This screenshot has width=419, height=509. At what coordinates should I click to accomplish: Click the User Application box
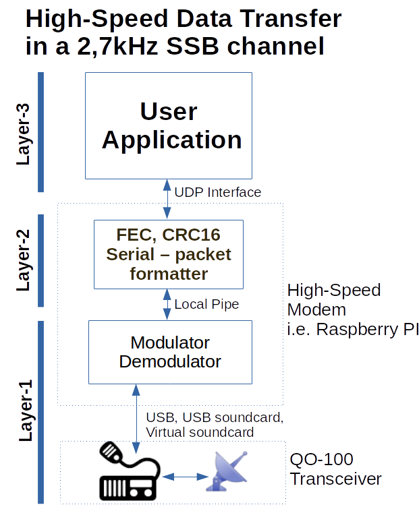(x=168, y=125)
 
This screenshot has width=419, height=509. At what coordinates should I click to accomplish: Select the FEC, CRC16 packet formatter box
(x=168, y=253)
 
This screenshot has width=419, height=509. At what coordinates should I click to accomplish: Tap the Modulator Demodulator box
(x=170, y=351)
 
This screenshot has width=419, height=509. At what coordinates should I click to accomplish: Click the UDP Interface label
(x=217, y=192)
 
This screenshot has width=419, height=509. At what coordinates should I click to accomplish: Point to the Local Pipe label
(x=206, y=304)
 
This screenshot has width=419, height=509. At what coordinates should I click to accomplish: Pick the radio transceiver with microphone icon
(x=128, y=472)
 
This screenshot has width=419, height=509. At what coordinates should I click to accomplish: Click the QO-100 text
(x=321, y=460)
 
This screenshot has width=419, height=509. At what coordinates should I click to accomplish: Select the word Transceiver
(x=335, y=479)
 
